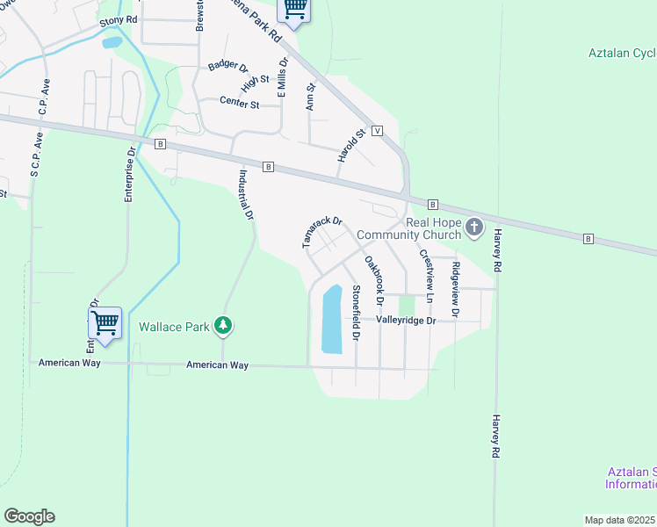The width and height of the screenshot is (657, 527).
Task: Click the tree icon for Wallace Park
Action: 224,326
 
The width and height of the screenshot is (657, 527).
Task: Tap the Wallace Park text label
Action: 174,328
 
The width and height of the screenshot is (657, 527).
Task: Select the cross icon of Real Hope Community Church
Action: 474,228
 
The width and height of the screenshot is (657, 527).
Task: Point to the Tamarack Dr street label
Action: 321,233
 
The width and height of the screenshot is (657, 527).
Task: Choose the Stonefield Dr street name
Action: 356,313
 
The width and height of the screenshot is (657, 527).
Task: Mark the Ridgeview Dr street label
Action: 455,289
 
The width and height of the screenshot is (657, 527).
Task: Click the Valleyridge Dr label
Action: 406,321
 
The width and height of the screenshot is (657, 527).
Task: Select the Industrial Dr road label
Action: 244,194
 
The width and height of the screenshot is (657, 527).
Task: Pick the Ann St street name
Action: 310,96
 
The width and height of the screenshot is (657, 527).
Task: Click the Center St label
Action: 240,105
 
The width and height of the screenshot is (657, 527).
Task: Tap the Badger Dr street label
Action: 228,67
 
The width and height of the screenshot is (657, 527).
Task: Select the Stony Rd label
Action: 119,19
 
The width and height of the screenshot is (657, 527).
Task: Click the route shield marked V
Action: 377,130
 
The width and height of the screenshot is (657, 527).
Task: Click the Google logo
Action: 29,516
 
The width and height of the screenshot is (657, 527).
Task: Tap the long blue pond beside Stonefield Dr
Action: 331,318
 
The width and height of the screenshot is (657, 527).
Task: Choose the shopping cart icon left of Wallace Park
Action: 105,322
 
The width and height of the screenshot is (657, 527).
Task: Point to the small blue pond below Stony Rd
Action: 112,41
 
